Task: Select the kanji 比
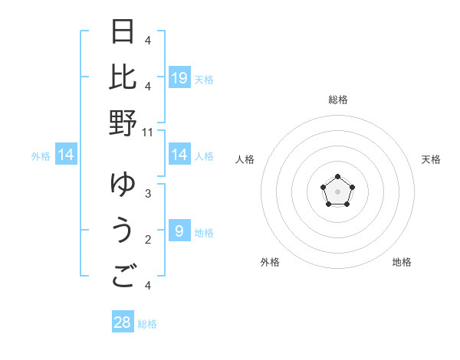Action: pos(123,77)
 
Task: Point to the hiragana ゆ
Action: pos(123,185)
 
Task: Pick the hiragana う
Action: pos(123,230)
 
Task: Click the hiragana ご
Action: pos(123,277)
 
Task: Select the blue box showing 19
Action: pos(179,77)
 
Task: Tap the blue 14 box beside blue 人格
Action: pos(179,155)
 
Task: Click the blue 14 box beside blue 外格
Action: pos(66,155)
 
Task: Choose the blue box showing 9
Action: pos(179,231)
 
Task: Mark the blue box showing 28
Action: pos(123,322)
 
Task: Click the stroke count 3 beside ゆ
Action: pos(147,193)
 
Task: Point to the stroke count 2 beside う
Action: pos(147,239)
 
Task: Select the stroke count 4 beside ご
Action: pos(147,285)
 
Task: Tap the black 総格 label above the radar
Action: pos(337,100)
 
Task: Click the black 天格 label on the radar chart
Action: pos(431,159)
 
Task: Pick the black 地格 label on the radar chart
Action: pos(402,262)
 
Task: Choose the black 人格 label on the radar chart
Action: pos(245,159)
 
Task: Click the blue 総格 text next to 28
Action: pos(147,324)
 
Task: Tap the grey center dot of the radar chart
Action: pos(337,191)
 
